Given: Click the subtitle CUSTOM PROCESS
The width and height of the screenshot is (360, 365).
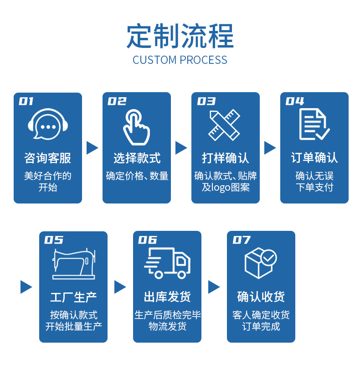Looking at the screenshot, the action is click(180, 60).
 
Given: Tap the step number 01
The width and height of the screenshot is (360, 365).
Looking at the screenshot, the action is click(26, 101).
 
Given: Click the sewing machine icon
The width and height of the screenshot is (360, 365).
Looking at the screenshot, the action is click(73, 264).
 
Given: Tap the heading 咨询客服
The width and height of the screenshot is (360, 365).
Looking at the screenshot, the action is click(48, 158).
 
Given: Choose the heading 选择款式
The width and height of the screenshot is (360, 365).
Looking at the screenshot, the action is click(137, 158).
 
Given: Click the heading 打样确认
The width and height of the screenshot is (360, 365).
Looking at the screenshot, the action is click(226, 158).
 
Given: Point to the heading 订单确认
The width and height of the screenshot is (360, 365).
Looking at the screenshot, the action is click(314, 158).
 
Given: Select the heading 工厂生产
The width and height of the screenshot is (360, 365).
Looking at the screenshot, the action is click(73, 297).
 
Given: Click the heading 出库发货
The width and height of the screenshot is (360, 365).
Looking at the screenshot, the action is click(167, 297).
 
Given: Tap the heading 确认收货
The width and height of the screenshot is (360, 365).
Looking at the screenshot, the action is click(261, 297).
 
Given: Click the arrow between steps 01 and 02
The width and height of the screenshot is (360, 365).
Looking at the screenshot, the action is click(93, 147).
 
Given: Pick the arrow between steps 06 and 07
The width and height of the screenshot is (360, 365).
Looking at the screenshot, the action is click(214, 287).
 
